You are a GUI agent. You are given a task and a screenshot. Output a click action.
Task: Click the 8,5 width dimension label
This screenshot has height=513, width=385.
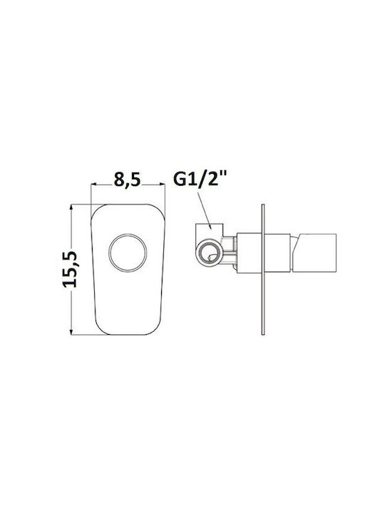(128, 180)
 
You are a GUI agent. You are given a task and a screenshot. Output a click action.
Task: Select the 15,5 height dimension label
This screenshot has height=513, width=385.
(70, 269)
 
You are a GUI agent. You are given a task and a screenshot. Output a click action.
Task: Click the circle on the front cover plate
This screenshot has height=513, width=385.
(128, 252)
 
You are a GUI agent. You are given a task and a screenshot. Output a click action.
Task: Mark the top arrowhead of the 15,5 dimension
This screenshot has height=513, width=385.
(71, 208)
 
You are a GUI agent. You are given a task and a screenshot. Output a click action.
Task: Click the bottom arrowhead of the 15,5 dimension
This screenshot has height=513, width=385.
(71, 331)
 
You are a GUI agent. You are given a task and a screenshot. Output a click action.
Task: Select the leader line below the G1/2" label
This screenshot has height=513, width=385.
(204, 210)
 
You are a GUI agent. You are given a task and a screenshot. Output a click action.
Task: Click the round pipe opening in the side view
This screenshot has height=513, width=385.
(209, 253)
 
